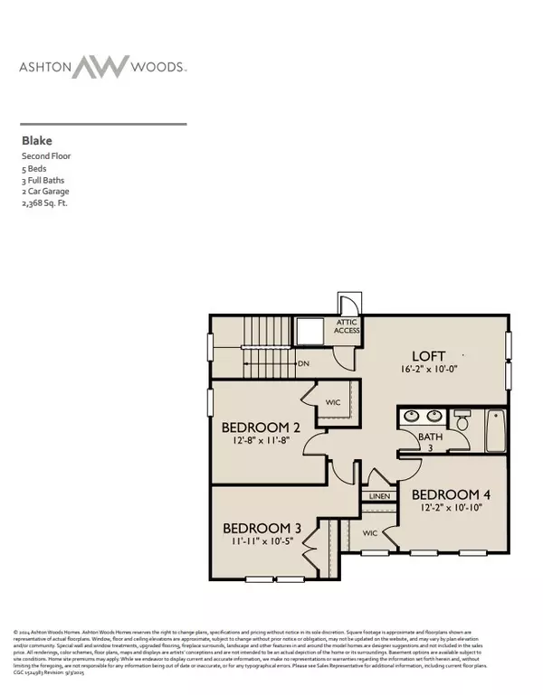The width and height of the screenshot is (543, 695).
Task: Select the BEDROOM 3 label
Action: point(262,528)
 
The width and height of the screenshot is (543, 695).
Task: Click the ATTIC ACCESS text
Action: point(348,326)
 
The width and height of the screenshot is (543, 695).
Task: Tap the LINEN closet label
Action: point(377,497)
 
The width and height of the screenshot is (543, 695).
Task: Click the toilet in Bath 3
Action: point(462,422)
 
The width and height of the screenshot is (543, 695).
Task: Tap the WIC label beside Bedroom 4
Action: point(371,533)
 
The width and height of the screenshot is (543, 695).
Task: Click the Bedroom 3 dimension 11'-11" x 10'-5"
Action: point(262,542)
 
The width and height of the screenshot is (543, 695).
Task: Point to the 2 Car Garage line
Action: point(45,192)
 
